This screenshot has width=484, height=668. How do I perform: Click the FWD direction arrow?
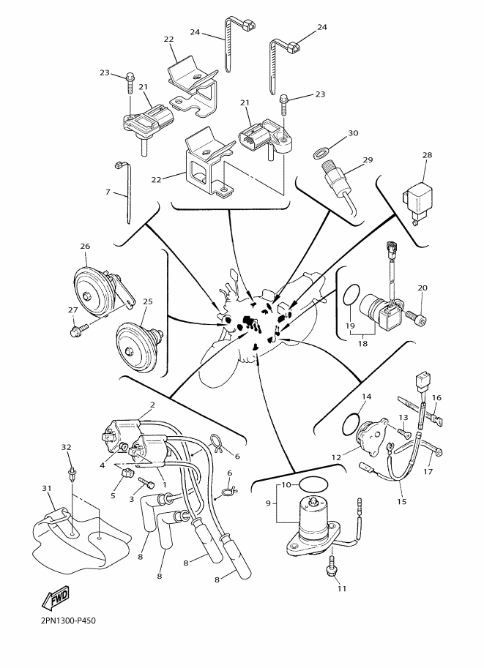pos(55,598)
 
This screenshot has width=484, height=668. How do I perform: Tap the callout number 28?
pos(427,155)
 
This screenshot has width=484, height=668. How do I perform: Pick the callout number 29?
pos(368,160)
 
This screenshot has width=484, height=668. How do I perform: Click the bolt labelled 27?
pos(79,329)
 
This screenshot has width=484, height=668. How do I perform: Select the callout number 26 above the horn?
pos(85,247)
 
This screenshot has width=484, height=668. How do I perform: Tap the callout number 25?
pos(148,301)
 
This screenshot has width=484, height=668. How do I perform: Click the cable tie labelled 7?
pos(124,192)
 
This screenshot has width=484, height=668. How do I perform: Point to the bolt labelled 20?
pos(418,316)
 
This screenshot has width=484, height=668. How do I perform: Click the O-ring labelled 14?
pos(351,424)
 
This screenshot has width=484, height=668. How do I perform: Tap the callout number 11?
pos(341,589)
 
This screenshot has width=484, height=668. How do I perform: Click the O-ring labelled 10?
pos(313,484)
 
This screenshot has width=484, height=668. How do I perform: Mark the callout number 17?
pos(428,471)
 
